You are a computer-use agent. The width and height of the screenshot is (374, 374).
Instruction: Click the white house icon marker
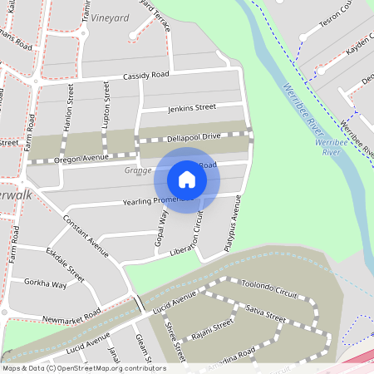point(187,180)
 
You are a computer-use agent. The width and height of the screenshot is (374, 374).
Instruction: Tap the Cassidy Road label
point(145,76)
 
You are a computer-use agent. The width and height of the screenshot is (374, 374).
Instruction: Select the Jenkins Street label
point(191,107)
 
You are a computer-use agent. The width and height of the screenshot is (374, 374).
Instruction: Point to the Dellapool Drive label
point(194,135)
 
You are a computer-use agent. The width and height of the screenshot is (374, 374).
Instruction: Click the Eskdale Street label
point(65,261)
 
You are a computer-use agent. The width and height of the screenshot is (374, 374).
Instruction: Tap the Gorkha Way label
point(46,284)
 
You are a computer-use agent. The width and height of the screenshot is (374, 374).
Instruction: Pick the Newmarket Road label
point(71,316)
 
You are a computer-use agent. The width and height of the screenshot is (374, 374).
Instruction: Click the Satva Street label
point(266,313)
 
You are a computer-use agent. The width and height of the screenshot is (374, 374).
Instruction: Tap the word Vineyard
point(111,17)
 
